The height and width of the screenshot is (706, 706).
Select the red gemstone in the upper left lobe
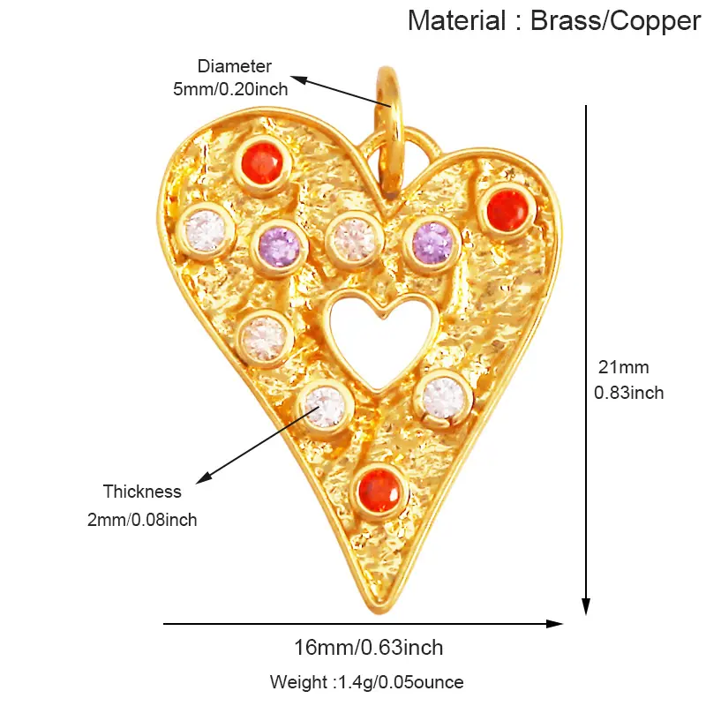(262, 163)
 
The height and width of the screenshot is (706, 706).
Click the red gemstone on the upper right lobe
(507, 211)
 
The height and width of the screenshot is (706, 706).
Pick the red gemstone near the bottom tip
(379, 491)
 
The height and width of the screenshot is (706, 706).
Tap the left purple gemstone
(280, 246)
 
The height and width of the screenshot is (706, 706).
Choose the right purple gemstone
(432, 244)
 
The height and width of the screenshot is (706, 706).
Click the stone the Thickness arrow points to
(325, 407)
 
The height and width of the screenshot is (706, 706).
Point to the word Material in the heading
(456, 20)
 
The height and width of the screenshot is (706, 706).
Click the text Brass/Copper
(615, 21)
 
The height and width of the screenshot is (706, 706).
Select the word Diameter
(234, 66)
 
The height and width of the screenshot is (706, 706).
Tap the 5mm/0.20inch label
(230, 89)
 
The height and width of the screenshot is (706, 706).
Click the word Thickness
(142, 492)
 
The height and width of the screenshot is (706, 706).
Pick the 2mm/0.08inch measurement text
(142, 520)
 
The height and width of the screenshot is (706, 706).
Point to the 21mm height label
(624, 367)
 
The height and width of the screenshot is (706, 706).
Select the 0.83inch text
(629, 393)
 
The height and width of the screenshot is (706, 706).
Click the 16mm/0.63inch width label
(369, 648)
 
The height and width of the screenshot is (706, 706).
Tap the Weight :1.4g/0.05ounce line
(367, 682)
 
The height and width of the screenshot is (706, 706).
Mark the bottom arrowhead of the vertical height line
(586, 607)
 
